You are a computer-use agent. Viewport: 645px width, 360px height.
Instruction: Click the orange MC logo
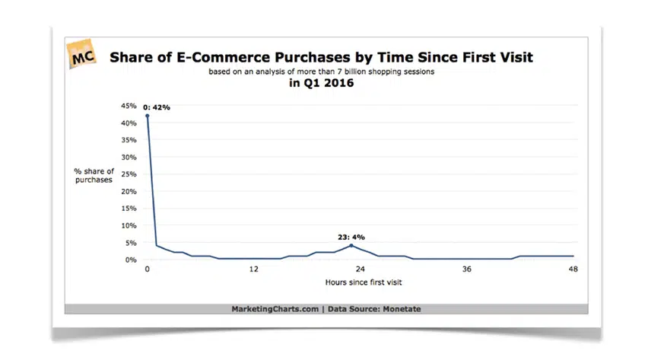pos(84,56)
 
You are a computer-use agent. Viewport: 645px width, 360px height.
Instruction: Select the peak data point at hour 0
pos(147,116)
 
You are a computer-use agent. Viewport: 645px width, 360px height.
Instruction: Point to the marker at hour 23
pos(351,246)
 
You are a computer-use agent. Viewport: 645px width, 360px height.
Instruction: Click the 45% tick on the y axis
pos(129,106)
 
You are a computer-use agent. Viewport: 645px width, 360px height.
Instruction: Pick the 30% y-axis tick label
pos(129,157)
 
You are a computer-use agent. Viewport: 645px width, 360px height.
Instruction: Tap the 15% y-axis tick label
pos(129,209)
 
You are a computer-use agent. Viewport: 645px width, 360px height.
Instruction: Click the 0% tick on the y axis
pos(131,260)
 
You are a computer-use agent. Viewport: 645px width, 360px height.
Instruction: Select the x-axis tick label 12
pos(254,269)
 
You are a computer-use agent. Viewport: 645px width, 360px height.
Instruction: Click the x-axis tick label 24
pos(361,269)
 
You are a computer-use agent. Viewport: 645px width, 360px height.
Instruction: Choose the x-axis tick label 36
pos(467,269)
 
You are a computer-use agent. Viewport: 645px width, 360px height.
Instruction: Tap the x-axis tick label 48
pos(574,269)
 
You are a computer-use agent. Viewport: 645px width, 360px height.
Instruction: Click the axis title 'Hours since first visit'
pos(360,282)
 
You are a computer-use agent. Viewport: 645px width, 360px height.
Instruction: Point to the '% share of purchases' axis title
pos(94,174)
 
